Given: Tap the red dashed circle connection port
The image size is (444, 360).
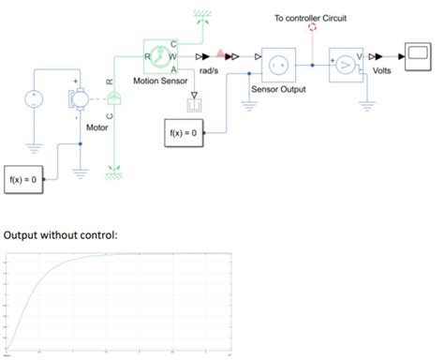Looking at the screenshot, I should [x=312, y=28].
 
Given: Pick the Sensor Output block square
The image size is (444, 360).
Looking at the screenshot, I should [x=278, y=64].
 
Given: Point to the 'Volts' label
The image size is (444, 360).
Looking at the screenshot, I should [x=382, y=70].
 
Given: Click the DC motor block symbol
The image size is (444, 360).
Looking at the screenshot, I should [x=79, y=97].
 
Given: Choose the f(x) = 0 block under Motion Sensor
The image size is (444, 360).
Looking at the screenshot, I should [x=184, y=133].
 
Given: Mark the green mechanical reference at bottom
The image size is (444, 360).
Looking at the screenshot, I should [x=113, y=170].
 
